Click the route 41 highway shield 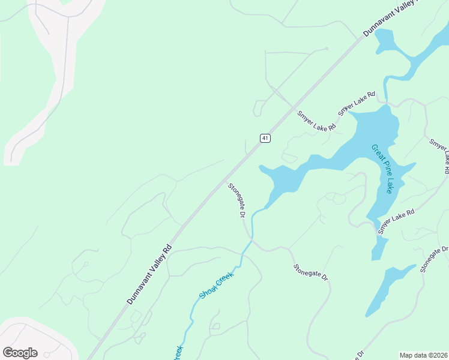[x=265, y=138]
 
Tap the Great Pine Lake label [x=382, y=169]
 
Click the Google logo [x=20, y=352]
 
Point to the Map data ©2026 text [x=423, y=355]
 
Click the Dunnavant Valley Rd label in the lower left [x=149, y=274]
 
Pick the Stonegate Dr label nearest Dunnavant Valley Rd [x=238, y=200]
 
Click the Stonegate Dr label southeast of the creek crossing [x=311, y=273]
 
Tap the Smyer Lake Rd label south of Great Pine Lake [x=396, y=221]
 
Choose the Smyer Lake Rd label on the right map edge [x=439, y=155]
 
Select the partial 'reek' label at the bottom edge [x=178, y=353]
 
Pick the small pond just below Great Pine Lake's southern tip [x=378, y=248]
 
